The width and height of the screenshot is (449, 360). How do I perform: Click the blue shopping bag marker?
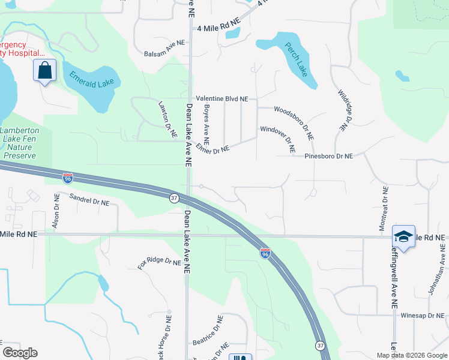click(x=44, y=71)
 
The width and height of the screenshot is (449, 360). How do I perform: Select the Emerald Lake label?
click(x=91, y=79)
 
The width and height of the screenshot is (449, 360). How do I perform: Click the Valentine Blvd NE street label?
click(x=221, y=98)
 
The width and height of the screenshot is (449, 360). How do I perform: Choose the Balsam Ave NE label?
click(x=165, y=53)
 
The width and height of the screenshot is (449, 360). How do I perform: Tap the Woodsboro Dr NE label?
click(x=294, y=122)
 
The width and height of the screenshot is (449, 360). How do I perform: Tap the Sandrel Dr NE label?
click(x=89, y=200)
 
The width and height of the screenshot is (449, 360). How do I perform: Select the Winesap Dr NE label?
click(x=424, y=315)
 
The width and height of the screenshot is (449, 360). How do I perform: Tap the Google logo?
click(x=20, y=353)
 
